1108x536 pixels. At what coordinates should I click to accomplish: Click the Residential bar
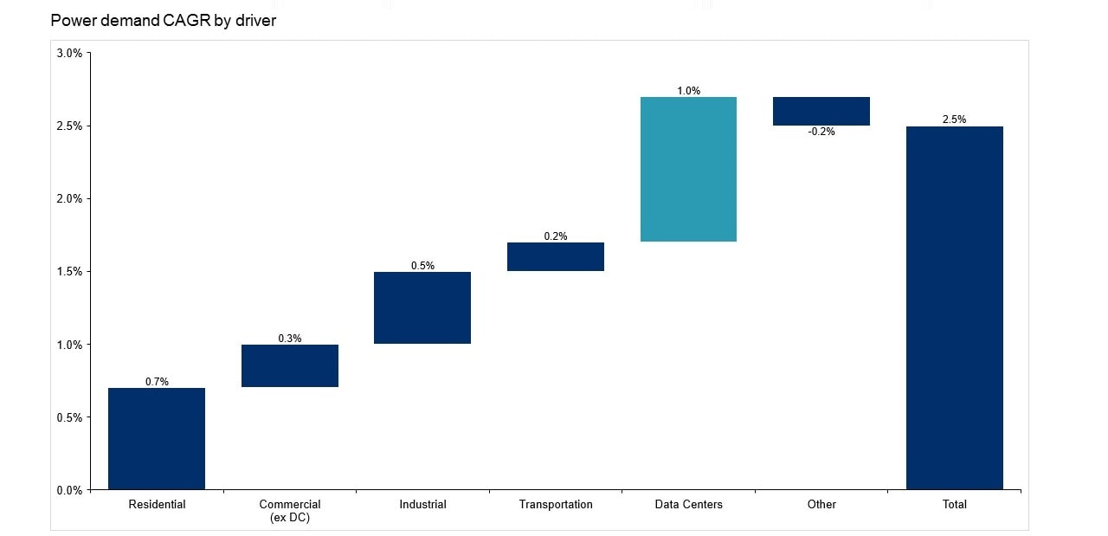point(157,438)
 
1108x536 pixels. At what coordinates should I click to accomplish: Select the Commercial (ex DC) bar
point(290,365)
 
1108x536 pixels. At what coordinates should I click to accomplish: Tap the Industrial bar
point(422,307)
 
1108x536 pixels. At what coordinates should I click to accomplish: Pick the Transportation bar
point(556,256)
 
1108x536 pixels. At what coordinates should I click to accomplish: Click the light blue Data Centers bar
point(688,169)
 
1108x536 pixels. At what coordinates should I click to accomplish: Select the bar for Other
point(821,111)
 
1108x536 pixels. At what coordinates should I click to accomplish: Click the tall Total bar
point(954,307)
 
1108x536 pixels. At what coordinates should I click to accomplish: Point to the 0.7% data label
point(157,382)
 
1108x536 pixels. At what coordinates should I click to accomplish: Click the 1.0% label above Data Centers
point(689,91)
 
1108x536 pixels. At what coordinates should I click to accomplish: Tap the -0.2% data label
point(821,132)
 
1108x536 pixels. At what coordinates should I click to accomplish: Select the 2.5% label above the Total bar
point(954,119)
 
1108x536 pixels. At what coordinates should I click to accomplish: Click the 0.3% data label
point(290,339)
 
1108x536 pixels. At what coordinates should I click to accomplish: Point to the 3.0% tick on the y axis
point(69,53)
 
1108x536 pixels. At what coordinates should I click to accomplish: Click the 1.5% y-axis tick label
point(69,271)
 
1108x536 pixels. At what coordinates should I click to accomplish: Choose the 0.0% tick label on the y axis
point(69,490)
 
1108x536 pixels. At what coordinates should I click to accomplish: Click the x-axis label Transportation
point(556,504)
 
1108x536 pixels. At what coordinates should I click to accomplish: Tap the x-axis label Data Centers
point(688,504)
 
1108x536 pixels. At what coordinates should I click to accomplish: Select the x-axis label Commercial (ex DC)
point(290,511)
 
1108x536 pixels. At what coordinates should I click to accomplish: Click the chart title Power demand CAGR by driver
point(164,20)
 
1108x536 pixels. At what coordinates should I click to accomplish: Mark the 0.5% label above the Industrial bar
point(422,266)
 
